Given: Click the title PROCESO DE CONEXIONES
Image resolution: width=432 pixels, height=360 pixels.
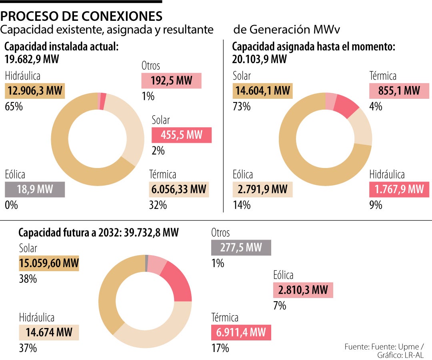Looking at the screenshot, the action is (x=82, y=16).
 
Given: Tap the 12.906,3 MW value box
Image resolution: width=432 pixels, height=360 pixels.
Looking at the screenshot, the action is (x=35, y=91).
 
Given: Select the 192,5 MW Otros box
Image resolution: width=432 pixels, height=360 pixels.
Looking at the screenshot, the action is (x=171, y=81).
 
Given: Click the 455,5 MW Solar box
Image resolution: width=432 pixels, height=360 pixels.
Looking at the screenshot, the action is (x=181, y=135).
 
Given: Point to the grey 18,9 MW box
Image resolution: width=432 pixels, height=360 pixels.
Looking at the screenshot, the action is (x=35, y=189).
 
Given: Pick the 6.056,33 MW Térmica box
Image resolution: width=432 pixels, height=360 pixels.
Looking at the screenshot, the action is (x=179, y=189).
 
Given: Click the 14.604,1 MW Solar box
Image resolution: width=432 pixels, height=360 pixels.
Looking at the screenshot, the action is (x=263, y=91).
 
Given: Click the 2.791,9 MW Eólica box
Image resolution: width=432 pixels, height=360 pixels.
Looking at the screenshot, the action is (x=263, y=189).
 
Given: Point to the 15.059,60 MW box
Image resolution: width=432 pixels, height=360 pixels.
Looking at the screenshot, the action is (x=49, y=264).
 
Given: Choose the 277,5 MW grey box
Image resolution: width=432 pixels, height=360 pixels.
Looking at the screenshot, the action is (x=241, y=248).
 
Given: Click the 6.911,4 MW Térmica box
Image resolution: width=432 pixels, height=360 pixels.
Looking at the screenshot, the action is (x=241, y=332).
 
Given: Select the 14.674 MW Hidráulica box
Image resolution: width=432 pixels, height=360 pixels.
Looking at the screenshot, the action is (x=49, y=332).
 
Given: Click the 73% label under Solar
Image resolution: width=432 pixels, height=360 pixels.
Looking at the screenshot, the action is (x=241, y=107).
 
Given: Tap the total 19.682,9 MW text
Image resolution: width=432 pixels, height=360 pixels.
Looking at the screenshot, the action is (x=32, y=60).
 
